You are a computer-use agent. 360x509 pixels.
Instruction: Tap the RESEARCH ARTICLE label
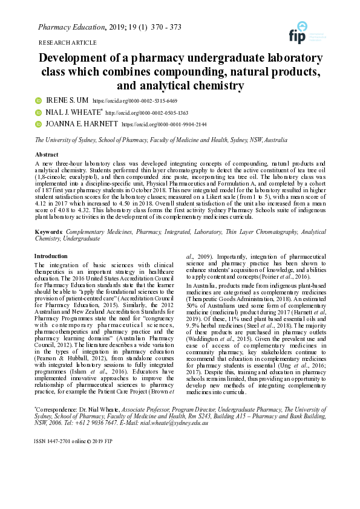67,43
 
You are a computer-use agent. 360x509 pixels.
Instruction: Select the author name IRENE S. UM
66,100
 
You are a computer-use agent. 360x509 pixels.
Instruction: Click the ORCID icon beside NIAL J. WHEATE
38,112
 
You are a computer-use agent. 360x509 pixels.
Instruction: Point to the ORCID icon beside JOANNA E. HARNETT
38,124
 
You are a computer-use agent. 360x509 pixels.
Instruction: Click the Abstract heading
47,155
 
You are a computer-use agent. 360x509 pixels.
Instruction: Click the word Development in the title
75,59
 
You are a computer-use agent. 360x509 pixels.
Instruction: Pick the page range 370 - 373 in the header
164,27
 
